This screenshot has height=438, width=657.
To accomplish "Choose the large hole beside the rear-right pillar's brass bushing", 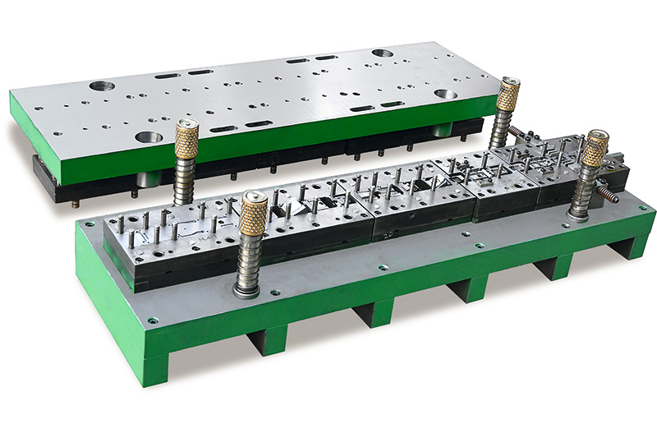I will tap(446, 95).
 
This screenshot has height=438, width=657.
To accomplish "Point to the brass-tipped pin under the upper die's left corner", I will tap(76, 205).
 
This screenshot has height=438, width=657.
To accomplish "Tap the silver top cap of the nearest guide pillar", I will tap(255, 197).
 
